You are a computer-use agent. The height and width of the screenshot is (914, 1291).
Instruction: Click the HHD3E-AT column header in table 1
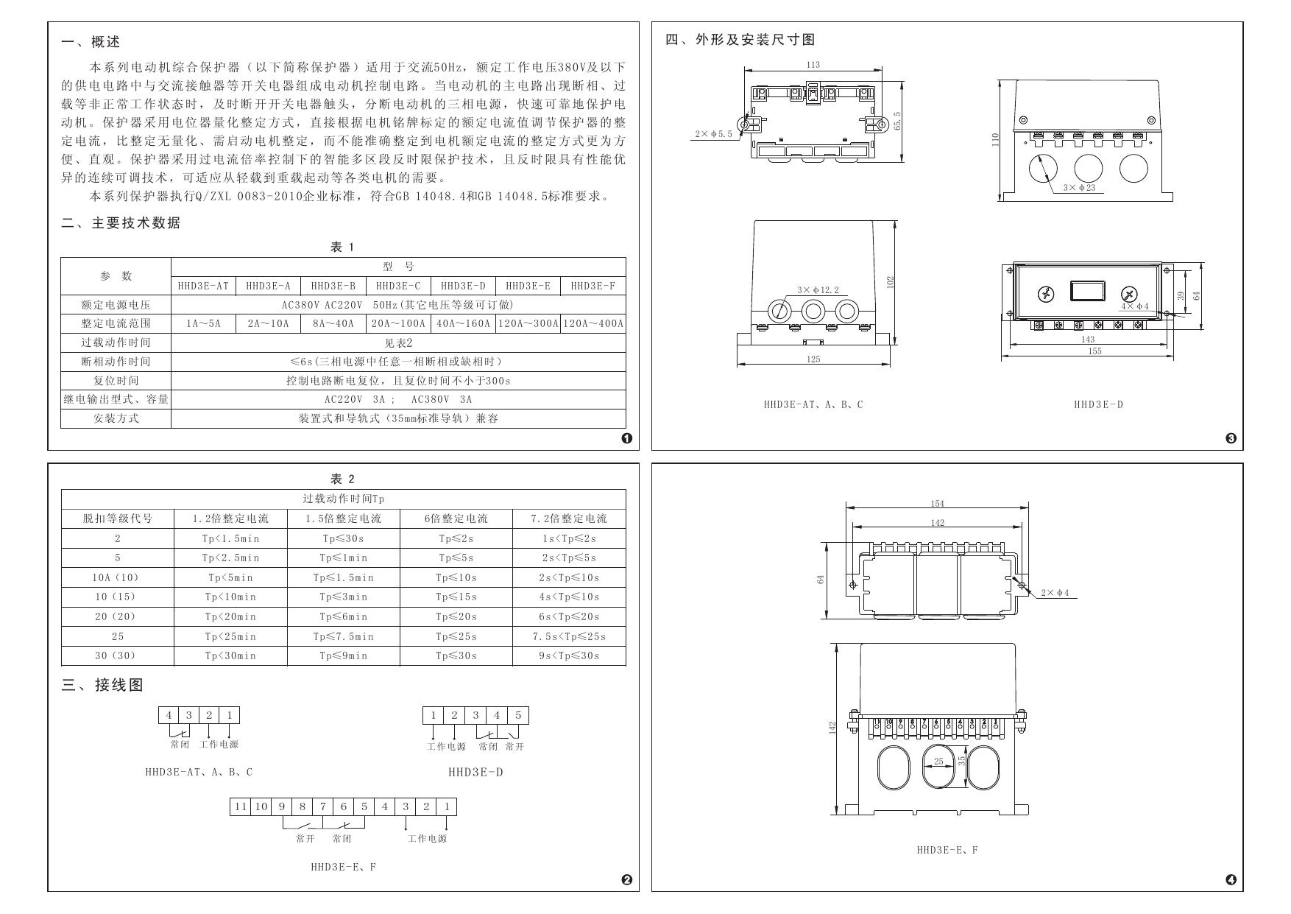click(203, 286)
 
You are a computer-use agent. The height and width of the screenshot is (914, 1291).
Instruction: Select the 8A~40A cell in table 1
click(333, 323)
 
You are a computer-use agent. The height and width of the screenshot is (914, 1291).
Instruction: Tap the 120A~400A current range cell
click(593, 323)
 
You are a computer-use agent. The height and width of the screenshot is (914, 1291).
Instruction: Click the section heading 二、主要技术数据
click(121, 223)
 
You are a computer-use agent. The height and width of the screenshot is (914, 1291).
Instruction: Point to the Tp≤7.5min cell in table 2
click(343, 636)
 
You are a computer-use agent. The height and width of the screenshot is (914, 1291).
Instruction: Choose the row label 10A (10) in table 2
click(117, 577)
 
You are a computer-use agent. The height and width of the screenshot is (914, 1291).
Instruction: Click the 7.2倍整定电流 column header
click(569, 518)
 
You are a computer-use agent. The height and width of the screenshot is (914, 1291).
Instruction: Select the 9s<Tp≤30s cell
click(569, 655)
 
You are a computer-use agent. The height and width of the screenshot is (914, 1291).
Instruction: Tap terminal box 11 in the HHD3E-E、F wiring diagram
click(240, 806)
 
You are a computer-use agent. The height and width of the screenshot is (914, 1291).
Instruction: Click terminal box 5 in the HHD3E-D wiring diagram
click(518, 715)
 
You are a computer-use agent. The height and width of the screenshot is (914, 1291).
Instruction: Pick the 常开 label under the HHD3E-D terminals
click(514, 747)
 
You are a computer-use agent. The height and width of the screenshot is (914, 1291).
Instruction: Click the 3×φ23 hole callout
click(1079, 188)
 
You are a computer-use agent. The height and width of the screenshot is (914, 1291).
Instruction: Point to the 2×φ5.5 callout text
click(713, 134)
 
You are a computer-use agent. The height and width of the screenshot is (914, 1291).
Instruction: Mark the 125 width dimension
click(813, 359)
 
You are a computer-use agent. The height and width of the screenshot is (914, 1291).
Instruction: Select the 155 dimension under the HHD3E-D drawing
click(1094, 351)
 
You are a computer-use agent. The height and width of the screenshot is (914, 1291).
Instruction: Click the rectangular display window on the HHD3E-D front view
click(1087, 290)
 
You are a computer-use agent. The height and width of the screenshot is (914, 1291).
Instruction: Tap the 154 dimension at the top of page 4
click(937, 504)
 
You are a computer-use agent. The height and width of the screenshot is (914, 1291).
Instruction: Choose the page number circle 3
click(1231, 439)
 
